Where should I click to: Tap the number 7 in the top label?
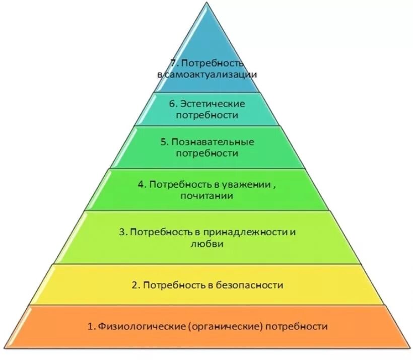(x=173, y=63)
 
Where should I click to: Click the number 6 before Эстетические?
(x=172, y=104)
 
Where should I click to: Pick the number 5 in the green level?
(x=164, y=142)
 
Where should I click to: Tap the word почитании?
(x=206, y=196)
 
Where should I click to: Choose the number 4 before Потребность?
(x=141, y=184)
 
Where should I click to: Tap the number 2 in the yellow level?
(x=134, y=285)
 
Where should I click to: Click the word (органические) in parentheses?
(x=226, y=326)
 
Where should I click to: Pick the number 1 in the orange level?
(x=90, y=326)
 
